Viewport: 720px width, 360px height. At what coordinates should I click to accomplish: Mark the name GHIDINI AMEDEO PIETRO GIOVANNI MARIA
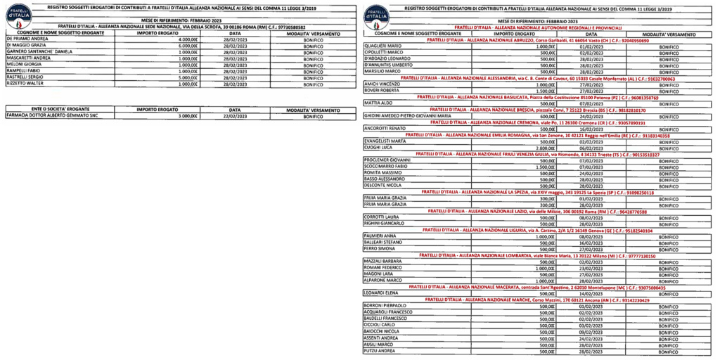click(x=407, y=115)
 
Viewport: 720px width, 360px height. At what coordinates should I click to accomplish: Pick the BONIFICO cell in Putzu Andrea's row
click(x=664, y=350)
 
